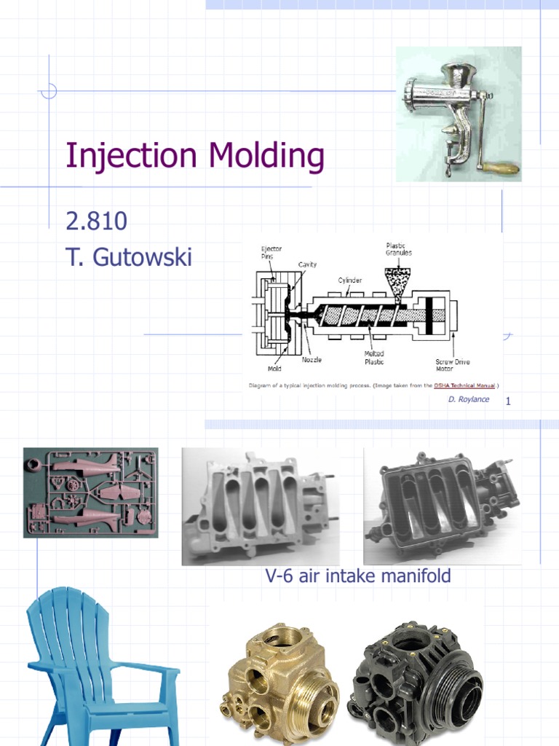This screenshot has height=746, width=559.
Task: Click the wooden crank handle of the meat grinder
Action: pos(503,169)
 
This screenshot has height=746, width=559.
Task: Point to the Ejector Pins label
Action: pos(271,252)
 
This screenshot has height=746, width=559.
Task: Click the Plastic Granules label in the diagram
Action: pos(398,249)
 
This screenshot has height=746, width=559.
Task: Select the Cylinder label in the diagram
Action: pos(349,280)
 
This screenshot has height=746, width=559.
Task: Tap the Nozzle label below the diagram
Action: pos(312,359)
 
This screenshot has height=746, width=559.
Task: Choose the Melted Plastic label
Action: pos(374,358)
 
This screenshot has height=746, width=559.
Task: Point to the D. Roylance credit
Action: pos(469,399)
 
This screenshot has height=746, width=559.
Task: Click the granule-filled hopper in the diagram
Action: pos(397,278)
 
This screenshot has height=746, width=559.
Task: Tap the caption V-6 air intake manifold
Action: pos(357,576)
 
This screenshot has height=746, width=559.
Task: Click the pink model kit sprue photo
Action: pos(90,492)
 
